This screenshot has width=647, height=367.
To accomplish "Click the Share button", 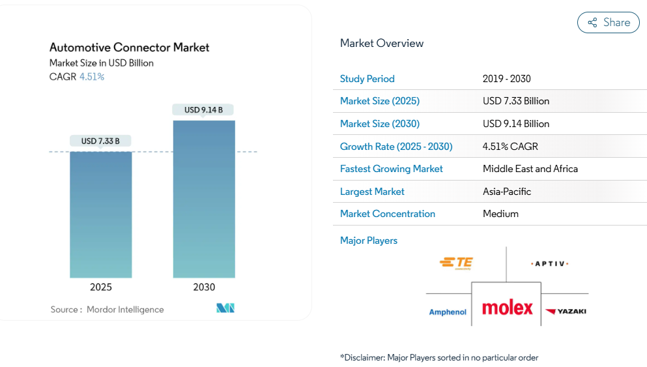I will [609, 23].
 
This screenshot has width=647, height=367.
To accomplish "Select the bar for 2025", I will [101, 214].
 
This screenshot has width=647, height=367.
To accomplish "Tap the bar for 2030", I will [204, 199].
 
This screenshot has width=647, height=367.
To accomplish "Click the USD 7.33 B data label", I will [100, 141].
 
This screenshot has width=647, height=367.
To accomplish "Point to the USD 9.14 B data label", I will [203, 110].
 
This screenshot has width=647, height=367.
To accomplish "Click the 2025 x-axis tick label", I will [101, 287].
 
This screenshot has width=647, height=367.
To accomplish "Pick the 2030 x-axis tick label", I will [204, 287].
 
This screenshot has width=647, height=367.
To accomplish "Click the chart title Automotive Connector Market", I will [130, 48].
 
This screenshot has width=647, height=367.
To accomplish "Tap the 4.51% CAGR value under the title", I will [92, 77].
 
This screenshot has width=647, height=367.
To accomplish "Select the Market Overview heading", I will [382, 44].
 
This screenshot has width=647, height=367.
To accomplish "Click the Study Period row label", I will [367, 79].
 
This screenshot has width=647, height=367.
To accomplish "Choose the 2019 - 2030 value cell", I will [507, 79].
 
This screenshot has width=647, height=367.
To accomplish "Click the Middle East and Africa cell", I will [530, 169].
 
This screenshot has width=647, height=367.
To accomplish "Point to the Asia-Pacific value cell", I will [507, 192].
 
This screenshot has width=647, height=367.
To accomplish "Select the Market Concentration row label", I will [388, 214].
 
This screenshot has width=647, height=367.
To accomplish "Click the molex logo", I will [507, 308].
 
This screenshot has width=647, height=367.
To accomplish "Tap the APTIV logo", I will [551, 263].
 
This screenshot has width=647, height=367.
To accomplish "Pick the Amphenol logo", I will [448, 312].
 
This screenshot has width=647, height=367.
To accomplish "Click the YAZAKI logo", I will [566, 312].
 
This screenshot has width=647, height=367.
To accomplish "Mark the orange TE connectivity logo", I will [456, 263].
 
